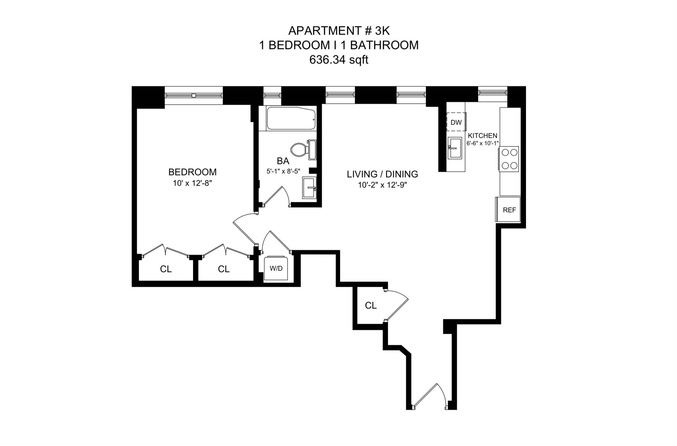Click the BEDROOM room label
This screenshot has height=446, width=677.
192,172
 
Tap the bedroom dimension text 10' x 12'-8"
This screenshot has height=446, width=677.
192,183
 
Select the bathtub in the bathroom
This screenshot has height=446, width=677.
291,119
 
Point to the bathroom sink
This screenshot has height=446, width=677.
309,188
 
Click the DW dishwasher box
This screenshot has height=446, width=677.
456,122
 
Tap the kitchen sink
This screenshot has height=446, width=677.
454,148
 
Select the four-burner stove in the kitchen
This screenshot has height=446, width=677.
509,159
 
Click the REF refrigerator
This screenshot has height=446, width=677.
509,210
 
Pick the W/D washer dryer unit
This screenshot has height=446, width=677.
276,268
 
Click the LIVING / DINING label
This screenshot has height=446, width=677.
382,174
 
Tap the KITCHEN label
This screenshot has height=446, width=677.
482,136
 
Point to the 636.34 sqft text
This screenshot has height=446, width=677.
339,60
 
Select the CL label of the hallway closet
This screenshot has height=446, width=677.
371,305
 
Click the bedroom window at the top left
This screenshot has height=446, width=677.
194,95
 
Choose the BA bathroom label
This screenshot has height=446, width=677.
283,161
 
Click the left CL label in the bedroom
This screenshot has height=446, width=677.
166,269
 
